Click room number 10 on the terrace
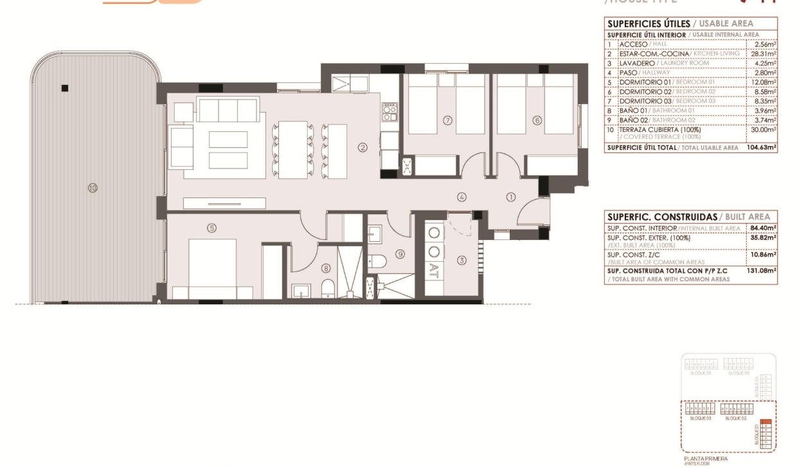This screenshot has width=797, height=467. click(93, 188)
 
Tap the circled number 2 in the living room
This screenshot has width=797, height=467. click(363, 147)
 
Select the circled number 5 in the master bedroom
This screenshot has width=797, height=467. click(211, 227)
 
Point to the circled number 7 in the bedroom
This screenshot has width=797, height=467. click(448, 120)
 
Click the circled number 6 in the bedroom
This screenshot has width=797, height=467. click(537, 120)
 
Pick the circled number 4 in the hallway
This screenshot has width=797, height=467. click(461, 197)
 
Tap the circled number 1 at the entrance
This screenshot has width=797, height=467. click(511, 197)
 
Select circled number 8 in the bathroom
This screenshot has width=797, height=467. click(326, 269)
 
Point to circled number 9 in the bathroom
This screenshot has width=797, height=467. click(400, 254)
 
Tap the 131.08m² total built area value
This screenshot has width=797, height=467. click(762, 271)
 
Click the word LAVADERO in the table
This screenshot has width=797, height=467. click(637, 63)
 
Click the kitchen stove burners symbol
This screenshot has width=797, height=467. click(389, 113)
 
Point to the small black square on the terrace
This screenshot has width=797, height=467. click(64, 88)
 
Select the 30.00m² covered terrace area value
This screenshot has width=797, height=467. click(765, 129)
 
